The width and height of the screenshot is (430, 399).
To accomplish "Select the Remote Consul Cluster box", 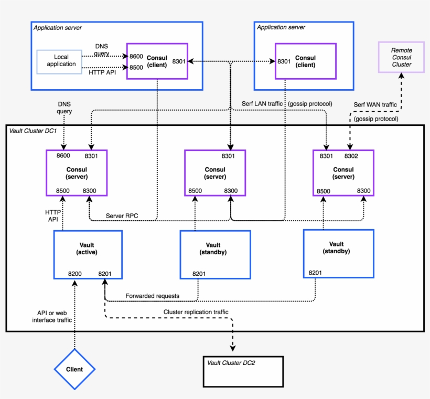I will [x=401, y=58].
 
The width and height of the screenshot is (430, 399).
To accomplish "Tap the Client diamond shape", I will [x=74, y=369].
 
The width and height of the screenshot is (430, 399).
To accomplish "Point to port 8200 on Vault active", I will [x=75, y=274].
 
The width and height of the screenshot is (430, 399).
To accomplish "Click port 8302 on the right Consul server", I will [x=351, y=156].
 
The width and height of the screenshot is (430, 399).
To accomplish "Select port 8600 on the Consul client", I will [x=136, y=56].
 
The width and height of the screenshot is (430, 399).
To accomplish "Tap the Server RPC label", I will [x=122, y=215].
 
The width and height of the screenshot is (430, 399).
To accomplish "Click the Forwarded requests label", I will [x=152, y=296].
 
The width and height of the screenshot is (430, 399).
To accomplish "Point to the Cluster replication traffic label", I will [x=196, y=312].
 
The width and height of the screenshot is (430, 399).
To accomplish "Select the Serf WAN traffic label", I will [x=375, y=105].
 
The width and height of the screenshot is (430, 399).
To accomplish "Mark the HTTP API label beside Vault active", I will [x=52, y=215].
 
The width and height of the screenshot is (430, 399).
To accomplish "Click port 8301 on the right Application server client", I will [x=284, y=61].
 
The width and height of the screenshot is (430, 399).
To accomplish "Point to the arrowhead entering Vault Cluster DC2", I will [x=232, y=349].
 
